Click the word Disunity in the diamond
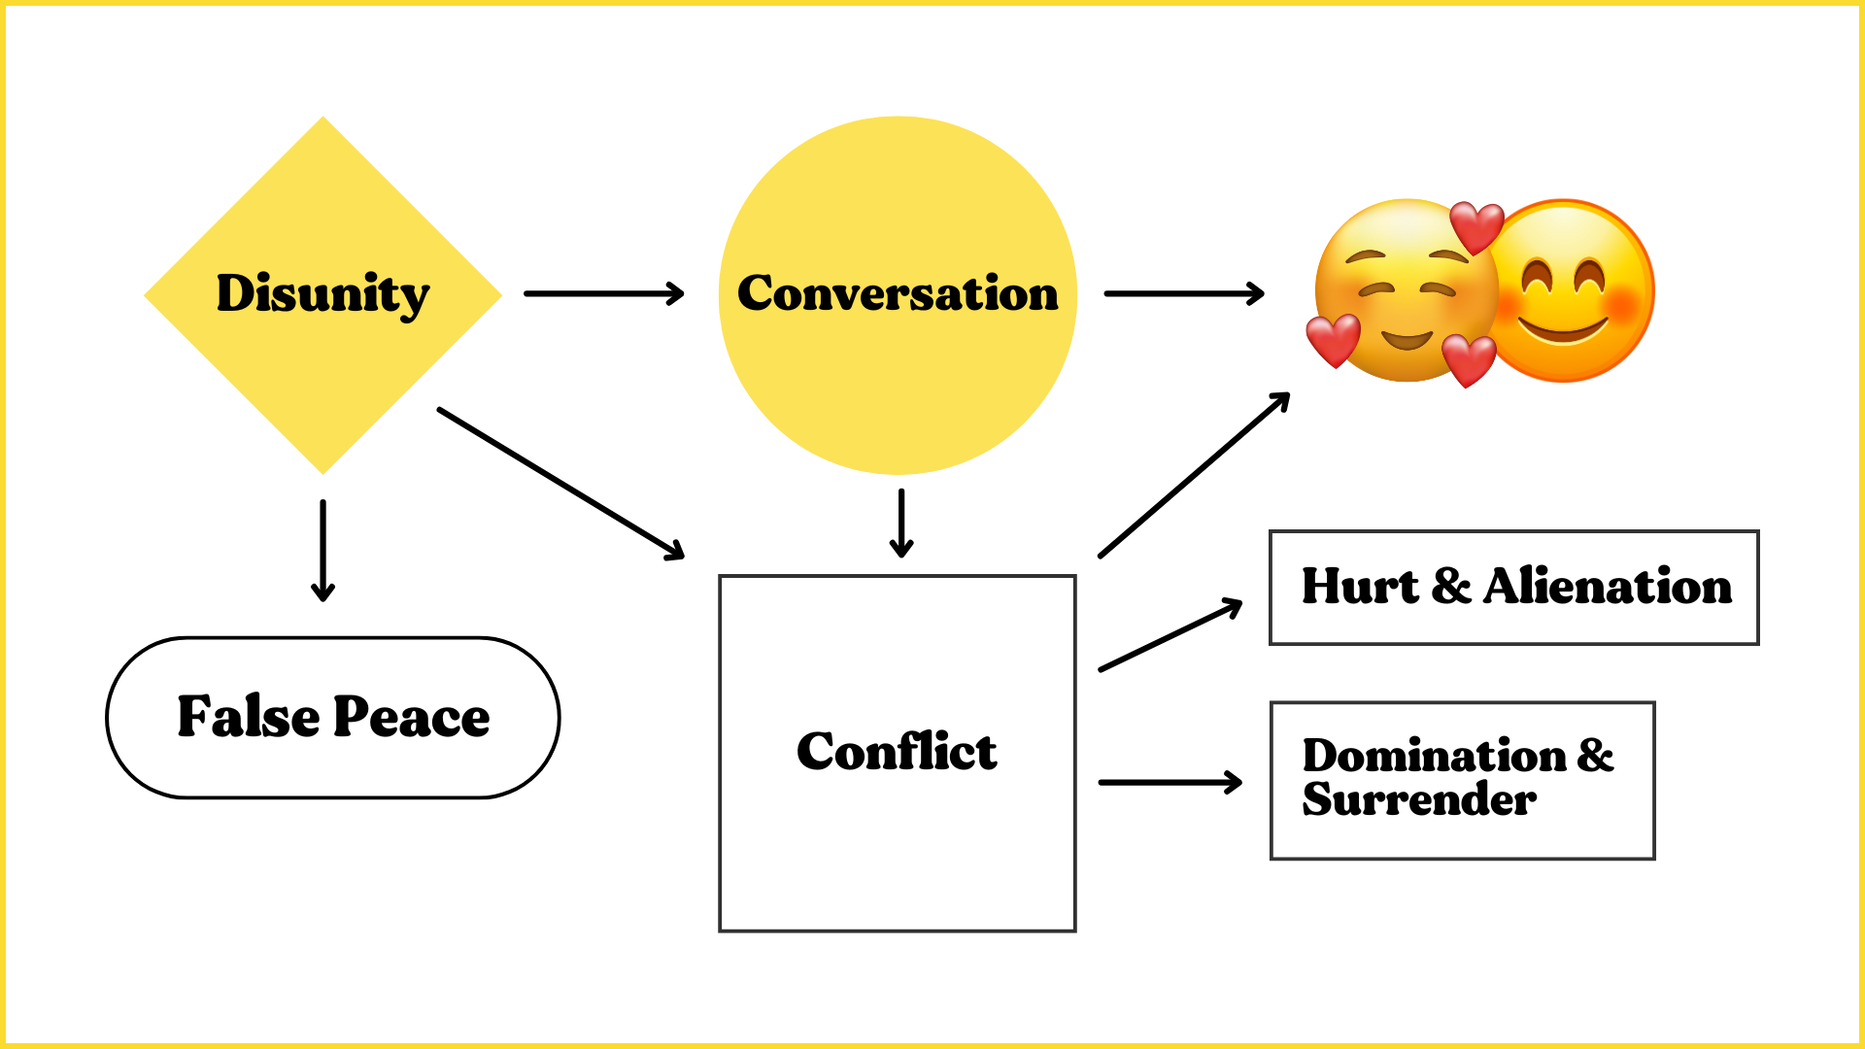tap(322, 293)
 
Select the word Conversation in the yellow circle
tap(898, 293)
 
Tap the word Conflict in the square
tap(897, 752)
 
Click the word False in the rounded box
tap(249, 717)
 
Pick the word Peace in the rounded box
tap(412, 717)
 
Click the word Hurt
tap(1360, 587)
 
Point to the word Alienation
tap(1608, 587)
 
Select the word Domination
tap(1435, 756)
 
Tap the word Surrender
tap(1419, 799)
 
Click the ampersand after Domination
tap(1595, 756)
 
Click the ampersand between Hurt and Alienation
tap(1451, 587)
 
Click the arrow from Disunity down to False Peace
tap(322, 550)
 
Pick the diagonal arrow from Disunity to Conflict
tap(561, 483)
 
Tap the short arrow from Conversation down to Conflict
tap(901, 523)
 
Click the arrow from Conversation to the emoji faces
tap(1184, 293)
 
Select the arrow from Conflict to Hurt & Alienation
tap(1170, 635)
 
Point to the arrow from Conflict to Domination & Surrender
tap(1170, 782)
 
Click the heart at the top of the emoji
tap(1476, 226)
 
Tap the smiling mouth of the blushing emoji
tap(1563, 330)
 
